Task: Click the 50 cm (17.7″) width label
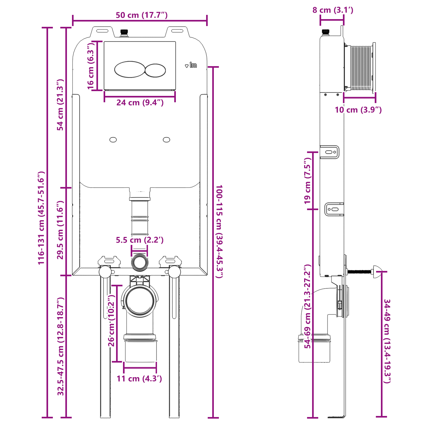[x=142, y=15]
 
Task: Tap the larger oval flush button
[x=130, y=69]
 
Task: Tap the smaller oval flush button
[x=155, y=70]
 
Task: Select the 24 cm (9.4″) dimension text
[x=140, y=103]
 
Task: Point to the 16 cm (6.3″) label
[x=91, y=66]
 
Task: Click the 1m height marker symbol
[x=191, y=65]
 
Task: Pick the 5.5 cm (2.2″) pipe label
[x=139, y=240]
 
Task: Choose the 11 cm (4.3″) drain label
[x=139, y=379]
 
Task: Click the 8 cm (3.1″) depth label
[x=333, y=10]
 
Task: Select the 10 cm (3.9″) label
[x=358, y=110]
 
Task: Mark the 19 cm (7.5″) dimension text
[x=307, y=181]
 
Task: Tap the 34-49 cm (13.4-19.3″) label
[x=387, y=341]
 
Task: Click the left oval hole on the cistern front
[x=113, y=140]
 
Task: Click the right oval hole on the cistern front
[x=167, y=140]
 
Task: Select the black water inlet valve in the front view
[x=124, y=33]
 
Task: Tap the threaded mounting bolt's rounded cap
[x=377, y=271]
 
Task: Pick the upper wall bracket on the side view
[x=330, y=152]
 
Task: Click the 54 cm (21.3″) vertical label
[x=61, y=105]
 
